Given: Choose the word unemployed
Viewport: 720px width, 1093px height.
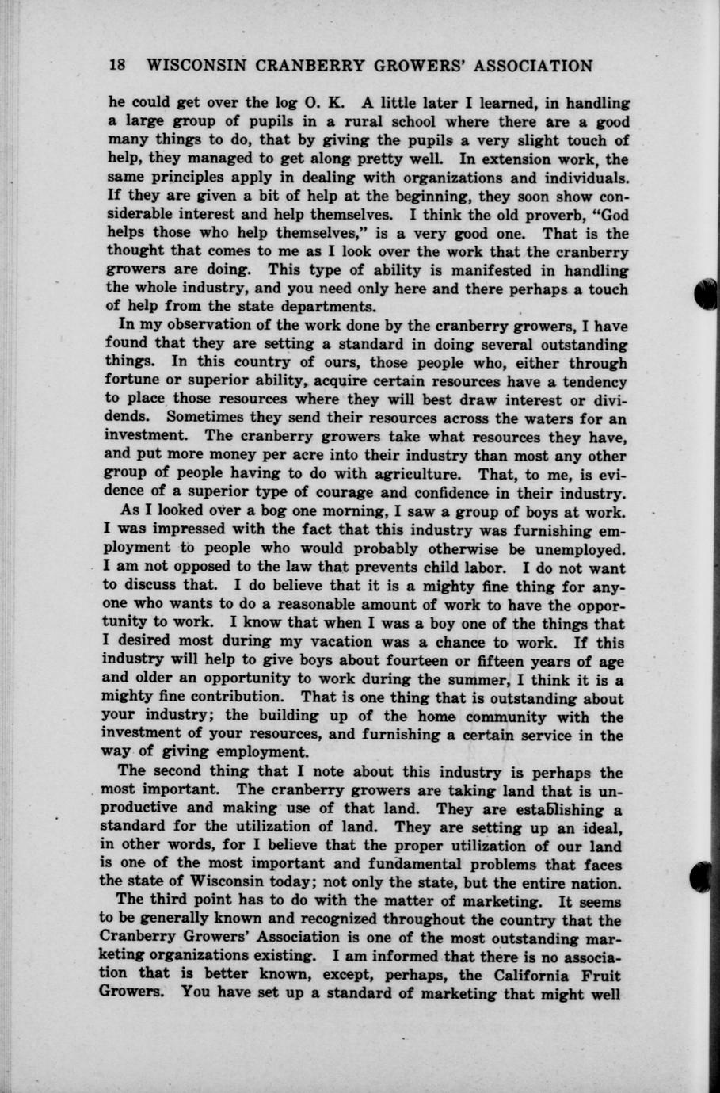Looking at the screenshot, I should coord(583,549).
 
